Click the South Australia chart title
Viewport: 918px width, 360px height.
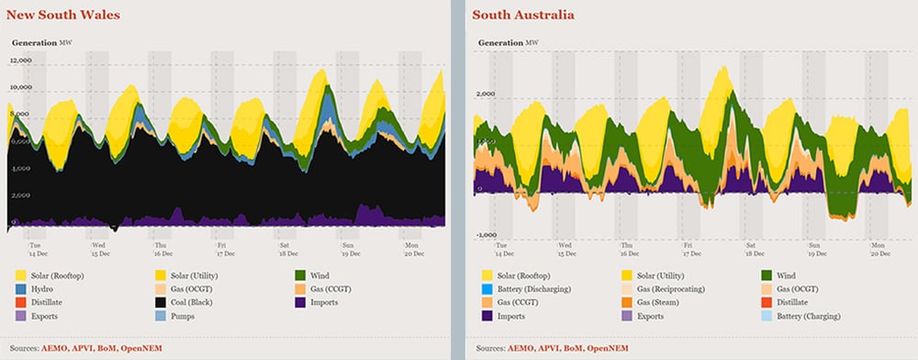coord(524,15)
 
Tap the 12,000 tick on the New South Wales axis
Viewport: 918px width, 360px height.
coord(20,60)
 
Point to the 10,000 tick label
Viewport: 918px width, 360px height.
coord(20,87)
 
